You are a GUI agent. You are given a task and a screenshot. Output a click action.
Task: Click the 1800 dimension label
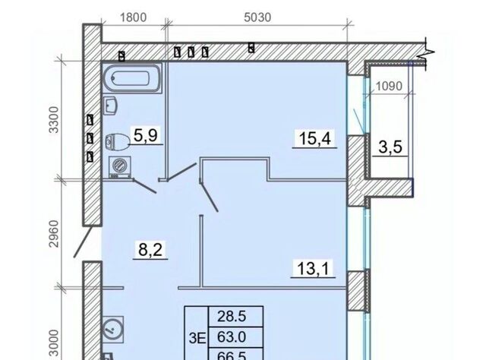[x=133, y=17]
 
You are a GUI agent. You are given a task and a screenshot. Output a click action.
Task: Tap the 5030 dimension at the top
[x=257, y=17]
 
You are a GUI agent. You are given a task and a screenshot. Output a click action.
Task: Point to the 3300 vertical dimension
[x=54, y=120]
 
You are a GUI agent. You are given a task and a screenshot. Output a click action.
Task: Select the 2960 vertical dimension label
[x=54, y=233]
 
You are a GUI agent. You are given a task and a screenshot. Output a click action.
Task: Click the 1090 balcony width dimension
[x=389, y=86]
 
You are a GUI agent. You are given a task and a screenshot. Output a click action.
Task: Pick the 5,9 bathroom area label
[x=146, y=135]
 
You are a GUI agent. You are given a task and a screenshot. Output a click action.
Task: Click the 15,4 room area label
[x=315, y=138]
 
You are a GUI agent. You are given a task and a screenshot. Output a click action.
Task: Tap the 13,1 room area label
[x=314, y=268]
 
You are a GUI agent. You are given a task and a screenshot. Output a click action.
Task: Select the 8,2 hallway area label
[x=150, y=249]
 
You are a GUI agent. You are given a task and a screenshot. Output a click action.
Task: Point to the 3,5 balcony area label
[x=390, y=147]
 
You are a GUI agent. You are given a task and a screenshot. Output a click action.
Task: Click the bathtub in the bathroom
[x=131, y=78]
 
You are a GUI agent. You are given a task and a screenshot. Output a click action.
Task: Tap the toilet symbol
[x=118, y=141]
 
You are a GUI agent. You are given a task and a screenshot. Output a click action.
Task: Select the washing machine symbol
[x=119, y=167]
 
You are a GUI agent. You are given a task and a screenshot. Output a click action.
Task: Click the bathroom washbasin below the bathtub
[x=109, y=106]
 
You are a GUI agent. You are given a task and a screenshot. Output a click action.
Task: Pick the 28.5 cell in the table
[x=236, y=317]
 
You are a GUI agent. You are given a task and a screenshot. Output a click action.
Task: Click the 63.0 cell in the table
[x=236, y=337]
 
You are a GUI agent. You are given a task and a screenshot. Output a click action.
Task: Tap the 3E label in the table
[x=197, y=339]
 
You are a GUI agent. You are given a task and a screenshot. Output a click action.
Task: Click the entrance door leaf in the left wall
[x=83, y=242]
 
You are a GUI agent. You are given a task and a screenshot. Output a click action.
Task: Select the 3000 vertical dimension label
[x=54, y=343]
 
